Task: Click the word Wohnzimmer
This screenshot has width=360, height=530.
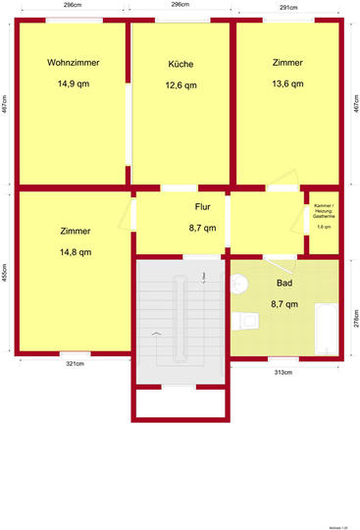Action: tap(73, 63)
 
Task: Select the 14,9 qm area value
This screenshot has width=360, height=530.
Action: tap(73, 84)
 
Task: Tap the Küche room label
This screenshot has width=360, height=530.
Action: tap(180, 64)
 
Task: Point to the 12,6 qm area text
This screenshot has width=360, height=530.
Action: tap(180, 85)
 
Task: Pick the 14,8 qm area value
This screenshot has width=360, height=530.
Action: tap(76, 252)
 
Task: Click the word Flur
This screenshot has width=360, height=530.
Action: tap(203, 207)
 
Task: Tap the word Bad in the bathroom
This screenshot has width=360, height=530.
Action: tap(284, 283)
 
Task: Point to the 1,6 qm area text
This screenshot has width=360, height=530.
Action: tap(324, 228)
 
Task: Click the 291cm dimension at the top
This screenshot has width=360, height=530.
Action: tap(289, 6)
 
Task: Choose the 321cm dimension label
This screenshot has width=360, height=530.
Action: tap(75, 364)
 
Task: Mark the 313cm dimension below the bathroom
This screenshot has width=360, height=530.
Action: tap(284, 372)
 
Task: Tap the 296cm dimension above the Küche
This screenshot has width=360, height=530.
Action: tap(180, 6)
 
